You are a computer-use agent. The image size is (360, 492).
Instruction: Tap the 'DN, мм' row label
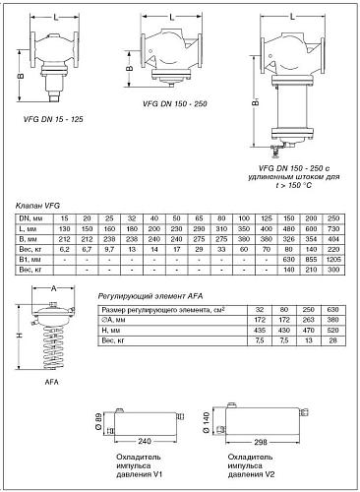coord(32,216)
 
